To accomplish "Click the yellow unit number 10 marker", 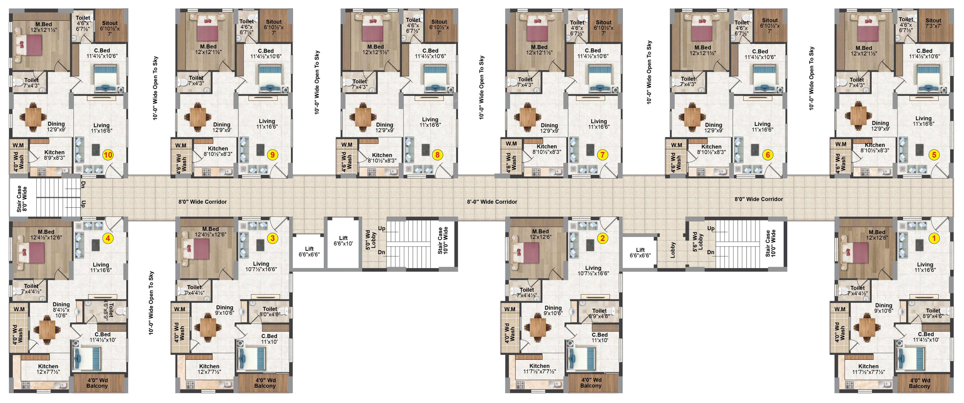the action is tap(108, 155).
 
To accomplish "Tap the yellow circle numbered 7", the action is tap(602, 155).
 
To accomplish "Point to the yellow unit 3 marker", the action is tap(272, 238).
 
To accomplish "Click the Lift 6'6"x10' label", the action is tap(343, 241).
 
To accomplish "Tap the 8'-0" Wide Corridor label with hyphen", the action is tap(492, 202).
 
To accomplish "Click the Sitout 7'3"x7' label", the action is tap(933, 23).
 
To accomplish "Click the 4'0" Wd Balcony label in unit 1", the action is tap(919, 383).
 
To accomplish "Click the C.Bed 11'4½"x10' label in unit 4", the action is tap(103, 337).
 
